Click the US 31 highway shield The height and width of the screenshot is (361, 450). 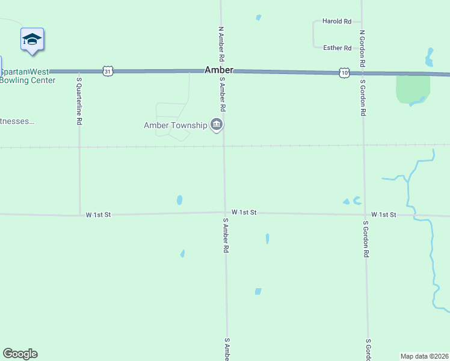107,71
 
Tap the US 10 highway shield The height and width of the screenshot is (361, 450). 344,72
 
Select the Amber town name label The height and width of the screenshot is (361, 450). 218,70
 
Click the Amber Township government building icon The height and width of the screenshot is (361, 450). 217,125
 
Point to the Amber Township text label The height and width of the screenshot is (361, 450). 175,125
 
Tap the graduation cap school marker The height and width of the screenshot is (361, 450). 32,40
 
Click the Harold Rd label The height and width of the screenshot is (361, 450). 337,21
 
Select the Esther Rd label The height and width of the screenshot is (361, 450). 337,48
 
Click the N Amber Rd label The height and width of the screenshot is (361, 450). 221,44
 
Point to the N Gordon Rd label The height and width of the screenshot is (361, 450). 362,48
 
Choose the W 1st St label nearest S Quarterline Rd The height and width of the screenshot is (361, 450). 98,214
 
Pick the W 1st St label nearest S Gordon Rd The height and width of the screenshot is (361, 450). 383,214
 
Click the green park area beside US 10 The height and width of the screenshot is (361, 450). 412,89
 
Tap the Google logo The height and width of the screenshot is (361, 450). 20,354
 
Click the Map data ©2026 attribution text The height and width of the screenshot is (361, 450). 424,356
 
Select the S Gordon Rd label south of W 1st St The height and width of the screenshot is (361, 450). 366,239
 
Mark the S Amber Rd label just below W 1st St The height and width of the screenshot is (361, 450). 226,235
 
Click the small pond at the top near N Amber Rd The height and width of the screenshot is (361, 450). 259,17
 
